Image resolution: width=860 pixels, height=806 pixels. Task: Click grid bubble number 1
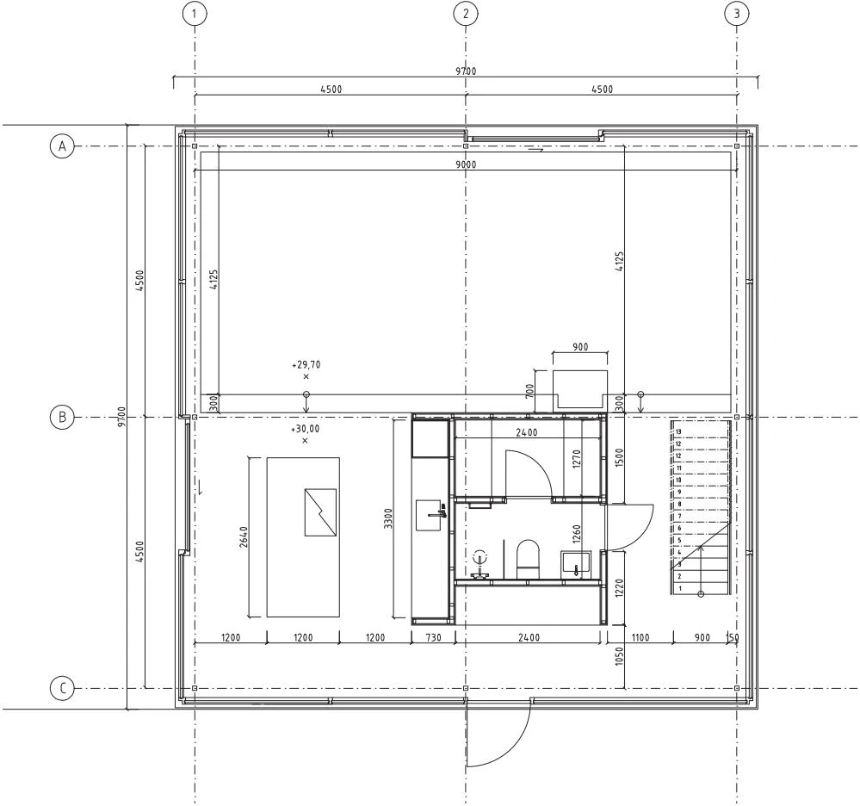click(195, 14)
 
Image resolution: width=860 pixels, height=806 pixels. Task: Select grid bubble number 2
click(466, 14)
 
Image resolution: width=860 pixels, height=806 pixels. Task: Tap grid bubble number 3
click(736, 14)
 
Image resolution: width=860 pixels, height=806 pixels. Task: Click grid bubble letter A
click(62, 146)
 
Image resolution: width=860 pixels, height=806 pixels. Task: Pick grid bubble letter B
click(62, 417)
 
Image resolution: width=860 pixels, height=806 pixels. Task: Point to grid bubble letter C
click(62, 688)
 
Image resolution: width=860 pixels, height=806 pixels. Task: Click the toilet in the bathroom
click(529, 559)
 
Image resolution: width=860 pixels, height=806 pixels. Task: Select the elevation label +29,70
click(306, 365)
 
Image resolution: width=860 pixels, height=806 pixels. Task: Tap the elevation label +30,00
click(305, 429)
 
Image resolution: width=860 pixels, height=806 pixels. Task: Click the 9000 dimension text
click(467, 164)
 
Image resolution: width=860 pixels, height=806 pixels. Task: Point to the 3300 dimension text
click(388, 518)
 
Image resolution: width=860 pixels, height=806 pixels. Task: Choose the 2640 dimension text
click(244, 536)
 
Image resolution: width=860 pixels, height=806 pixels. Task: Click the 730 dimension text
click(433, 637)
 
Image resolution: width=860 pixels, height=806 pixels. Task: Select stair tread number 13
click(678, 431)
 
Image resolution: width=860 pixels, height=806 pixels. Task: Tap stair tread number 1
click(680, 589)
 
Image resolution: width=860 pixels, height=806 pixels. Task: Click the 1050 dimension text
click(620, 656)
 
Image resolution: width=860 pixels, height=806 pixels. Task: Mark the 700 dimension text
click(529, 391)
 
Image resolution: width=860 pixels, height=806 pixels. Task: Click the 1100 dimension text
click(640, 637)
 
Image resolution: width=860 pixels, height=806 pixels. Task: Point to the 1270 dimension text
click(576, 459)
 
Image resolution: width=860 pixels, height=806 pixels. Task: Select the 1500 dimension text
click(620, 457)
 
